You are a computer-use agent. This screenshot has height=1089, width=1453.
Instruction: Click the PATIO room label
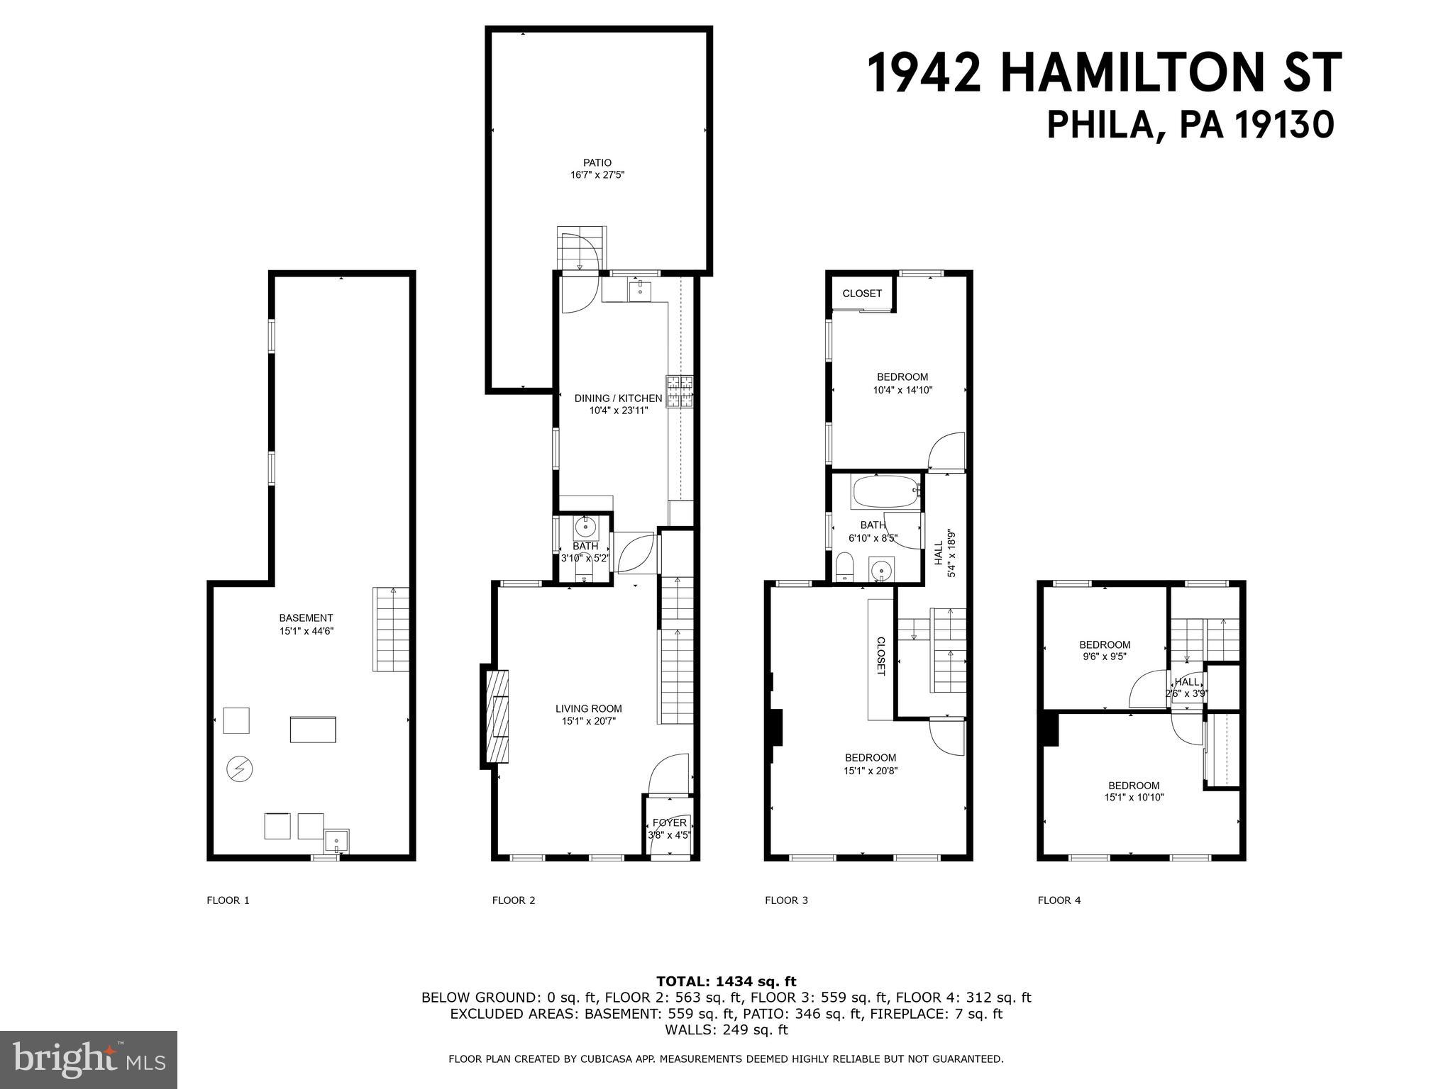pos(597,163)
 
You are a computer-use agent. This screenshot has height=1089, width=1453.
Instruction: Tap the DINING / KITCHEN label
pos(618,398)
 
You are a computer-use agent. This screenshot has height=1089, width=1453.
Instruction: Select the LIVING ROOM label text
pos(588,708)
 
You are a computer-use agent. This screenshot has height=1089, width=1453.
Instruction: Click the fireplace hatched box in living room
pos(497,715)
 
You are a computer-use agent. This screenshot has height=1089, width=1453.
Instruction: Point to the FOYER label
pos(669,822)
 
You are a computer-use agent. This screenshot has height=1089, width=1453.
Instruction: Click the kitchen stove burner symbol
pos(679,392)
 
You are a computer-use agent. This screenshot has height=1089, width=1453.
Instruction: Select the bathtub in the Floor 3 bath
pos(885,491)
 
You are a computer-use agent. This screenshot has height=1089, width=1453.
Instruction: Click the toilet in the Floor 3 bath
pos(844,568)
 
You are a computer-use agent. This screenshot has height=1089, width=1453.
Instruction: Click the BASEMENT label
pos(306,618)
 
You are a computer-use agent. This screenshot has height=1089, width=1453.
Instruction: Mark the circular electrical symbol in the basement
pos(239,769)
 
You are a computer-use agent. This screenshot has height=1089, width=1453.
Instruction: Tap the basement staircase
pos(391,629)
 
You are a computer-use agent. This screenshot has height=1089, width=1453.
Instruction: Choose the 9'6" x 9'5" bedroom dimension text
pos(1104,657)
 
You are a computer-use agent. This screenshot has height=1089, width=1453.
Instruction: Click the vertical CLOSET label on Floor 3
pos(880,656)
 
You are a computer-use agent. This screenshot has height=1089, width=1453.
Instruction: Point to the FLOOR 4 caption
pos(1059,900)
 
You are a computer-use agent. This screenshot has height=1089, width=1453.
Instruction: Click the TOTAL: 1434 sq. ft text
pos(726,981)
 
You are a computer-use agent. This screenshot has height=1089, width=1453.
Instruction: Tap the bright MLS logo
pos(89,1059)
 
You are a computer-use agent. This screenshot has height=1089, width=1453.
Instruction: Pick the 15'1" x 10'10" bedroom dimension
pos(1134,797)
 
